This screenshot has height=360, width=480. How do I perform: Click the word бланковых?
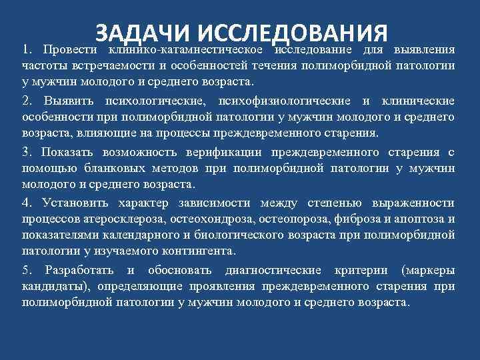[109, 168]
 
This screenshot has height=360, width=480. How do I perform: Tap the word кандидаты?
[57, 286]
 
